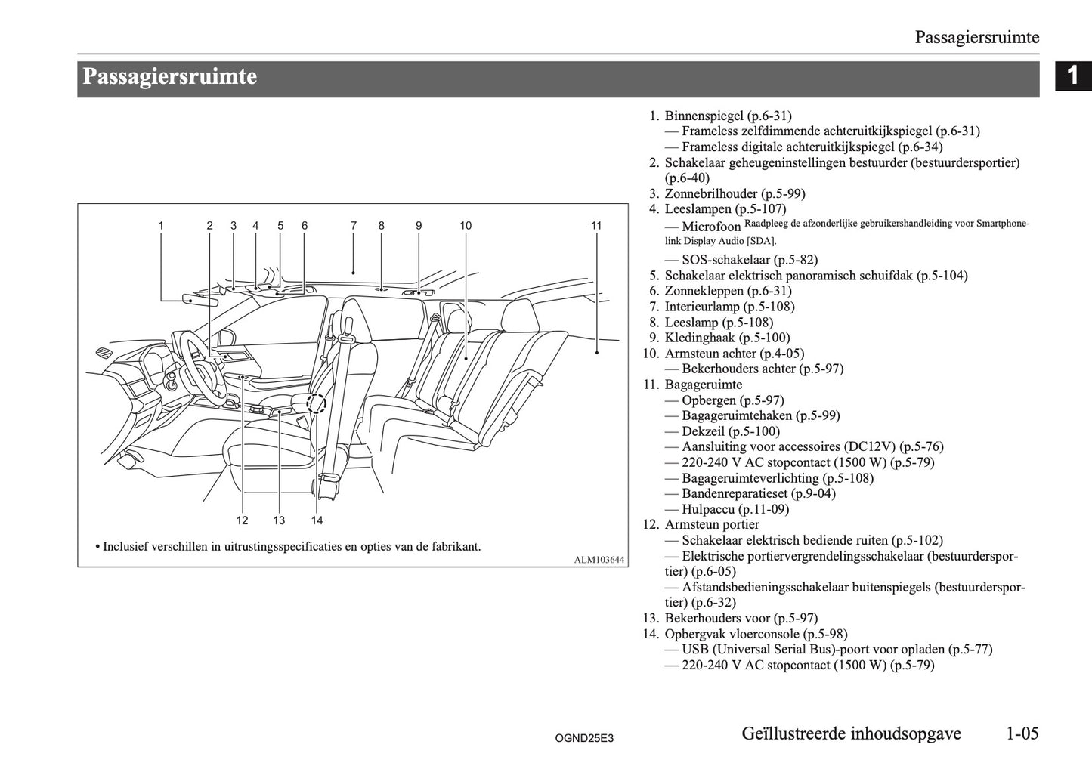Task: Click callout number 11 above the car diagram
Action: pos(596,225)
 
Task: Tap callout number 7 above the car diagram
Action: pos(354,225)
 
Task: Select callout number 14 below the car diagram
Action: pos(317,520)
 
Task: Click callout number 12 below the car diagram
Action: pos(242,520)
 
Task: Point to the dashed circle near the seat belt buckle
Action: pos(317,403)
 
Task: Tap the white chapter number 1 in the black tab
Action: pos(1072,76)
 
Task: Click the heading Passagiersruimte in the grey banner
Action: pos(170,77)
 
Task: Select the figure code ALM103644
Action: pos(599,560)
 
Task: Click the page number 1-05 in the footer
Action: pos(1022,733)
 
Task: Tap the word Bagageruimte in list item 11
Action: pos(703,384)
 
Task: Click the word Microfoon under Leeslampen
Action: pos(711,226)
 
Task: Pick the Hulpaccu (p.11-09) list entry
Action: pos(735,509)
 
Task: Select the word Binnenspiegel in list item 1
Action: pos(704,116)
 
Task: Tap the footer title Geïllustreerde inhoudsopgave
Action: pos(851,733)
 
